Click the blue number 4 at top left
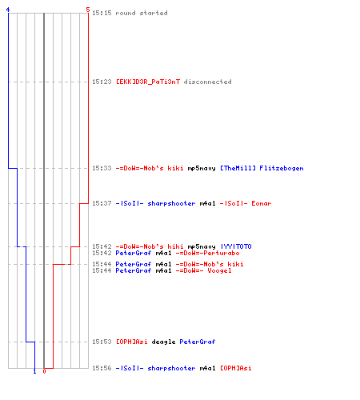8,10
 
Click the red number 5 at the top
88,10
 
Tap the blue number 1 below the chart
34,371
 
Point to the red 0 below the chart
44,371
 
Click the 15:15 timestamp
102,13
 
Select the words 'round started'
142,13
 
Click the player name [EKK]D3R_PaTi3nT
148,82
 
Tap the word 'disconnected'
207,82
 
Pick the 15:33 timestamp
102,168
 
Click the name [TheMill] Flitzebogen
262,168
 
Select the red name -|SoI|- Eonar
246,203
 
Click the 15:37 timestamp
102,203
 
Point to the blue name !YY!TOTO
236,246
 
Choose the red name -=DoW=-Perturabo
207,253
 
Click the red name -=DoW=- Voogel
203,270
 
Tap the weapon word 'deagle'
163,342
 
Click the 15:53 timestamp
102,342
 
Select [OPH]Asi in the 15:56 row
236,368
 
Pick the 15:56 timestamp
102,368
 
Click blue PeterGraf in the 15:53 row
198,342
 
